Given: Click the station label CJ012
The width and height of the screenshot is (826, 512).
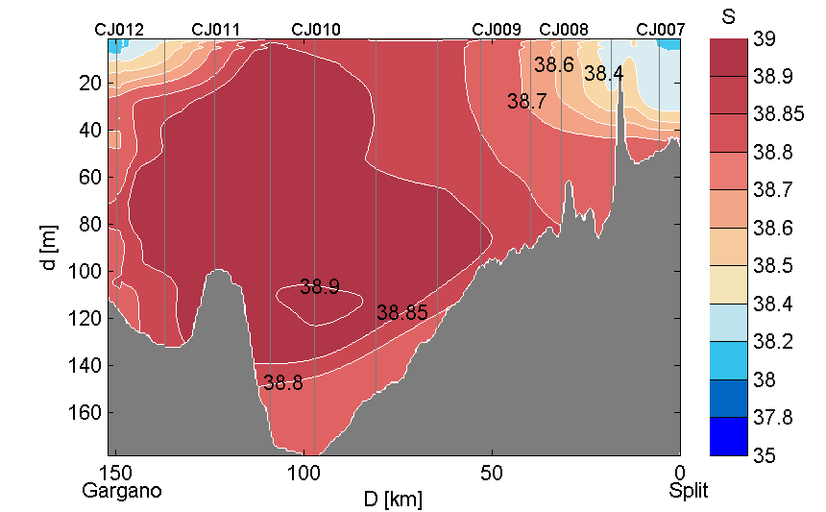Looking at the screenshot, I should (x=119, y=30).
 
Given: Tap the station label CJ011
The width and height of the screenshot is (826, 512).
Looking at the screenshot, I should (x=216, y=30).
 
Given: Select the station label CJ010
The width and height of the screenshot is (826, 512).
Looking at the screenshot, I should (x=315, y=30).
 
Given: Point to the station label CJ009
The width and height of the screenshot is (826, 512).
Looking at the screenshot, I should (x=497, y=30).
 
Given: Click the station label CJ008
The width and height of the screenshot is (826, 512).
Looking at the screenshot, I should (x=564, y=30).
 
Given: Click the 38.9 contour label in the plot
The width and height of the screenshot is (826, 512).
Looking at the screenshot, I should (x=319, y=286).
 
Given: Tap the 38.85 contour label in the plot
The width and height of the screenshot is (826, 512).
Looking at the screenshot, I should (x=401, y=312).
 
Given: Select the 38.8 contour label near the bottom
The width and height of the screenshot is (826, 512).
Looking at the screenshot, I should (x=283, y=382).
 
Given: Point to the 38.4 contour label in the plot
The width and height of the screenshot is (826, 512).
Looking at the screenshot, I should (x=603, y=73).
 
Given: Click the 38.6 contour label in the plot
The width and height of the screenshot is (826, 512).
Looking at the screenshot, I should (x=554, y=64).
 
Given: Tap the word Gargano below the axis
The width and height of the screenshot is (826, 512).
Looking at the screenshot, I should (x=122, y=491).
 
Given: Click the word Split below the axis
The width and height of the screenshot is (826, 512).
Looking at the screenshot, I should (x=689, y=491).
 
